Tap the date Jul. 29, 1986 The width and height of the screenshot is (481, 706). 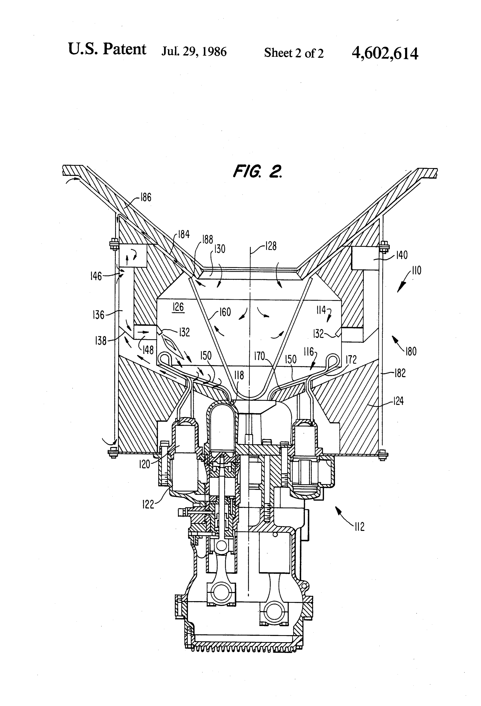coord(194,51)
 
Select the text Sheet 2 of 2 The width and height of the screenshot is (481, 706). coord(294,53)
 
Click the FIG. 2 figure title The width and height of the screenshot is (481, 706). coord(258,171)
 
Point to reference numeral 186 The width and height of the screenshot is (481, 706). coord(146,197)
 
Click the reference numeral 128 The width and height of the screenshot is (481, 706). coord(271,246)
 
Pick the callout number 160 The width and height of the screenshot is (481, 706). coord(225,312)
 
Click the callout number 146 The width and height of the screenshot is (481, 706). coord(96,276)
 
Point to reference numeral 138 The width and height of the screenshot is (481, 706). coord(101,341)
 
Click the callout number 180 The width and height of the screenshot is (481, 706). coord(411,351)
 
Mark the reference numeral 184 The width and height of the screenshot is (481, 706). coord(184,234)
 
